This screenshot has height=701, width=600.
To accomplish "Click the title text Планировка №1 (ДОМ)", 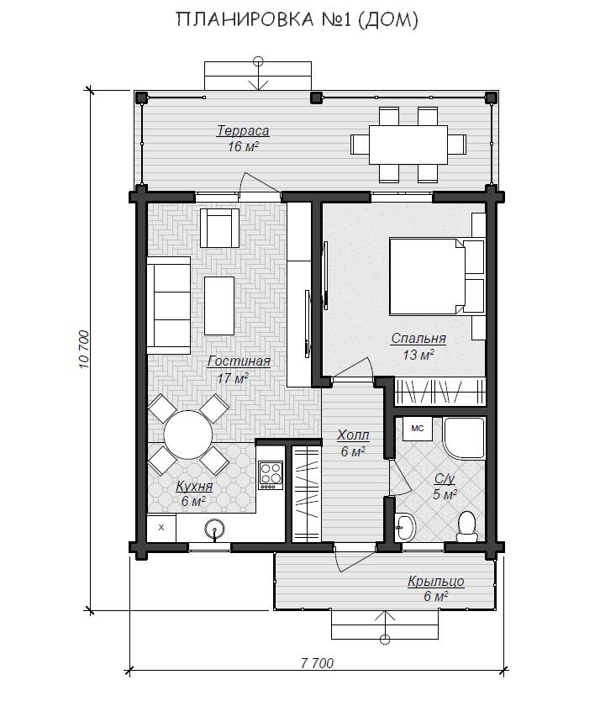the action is (x=297, y=19).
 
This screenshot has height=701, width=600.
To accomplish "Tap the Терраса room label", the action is (x=243, y=131).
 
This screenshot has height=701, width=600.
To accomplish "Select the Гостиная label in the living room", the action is (x=239, y=361).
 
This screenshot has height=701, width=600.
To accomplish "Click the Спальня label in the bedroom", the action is (x=418, y=339).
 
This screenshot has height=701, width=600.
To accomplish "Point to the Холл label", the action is (x=353, y=435).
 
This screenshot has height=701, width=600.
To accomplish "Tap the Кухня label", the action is (x=194, y=486).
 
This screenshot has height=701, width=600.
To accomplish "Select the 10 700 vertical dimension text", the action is (x=84, y=349).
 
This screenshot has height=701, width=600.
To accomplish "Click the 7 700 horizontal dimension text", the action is (x=317, y=663).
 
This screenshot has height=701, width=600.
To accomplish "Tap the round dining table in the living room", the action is (x=187, y=435).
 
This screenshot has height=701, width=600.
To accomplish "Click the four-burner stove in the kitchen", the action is (x=271, y=475).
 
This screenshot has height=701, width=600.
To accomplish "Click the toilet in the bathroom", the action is (x=467, y=527).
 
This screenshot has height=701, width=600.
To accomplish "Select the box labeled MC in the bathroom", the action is (x=417, y=429).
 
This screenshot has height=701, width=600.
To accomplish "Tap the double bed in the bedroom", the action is (x=437, y=276).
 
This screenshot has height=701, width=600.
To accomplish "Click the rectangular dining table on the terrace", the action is (x=408, y=145).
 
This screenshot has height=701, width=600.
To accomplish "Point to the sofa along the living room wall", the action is (x=169, y=305).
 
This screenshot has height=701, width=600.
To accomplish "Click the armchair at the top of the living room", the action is (x=219, y=228).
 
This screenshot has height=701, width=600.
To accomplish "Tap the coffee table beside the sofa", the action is (x=219, y=306).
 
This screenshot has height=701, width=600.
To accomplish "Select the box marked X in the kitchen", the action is (x=161, y=528).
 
